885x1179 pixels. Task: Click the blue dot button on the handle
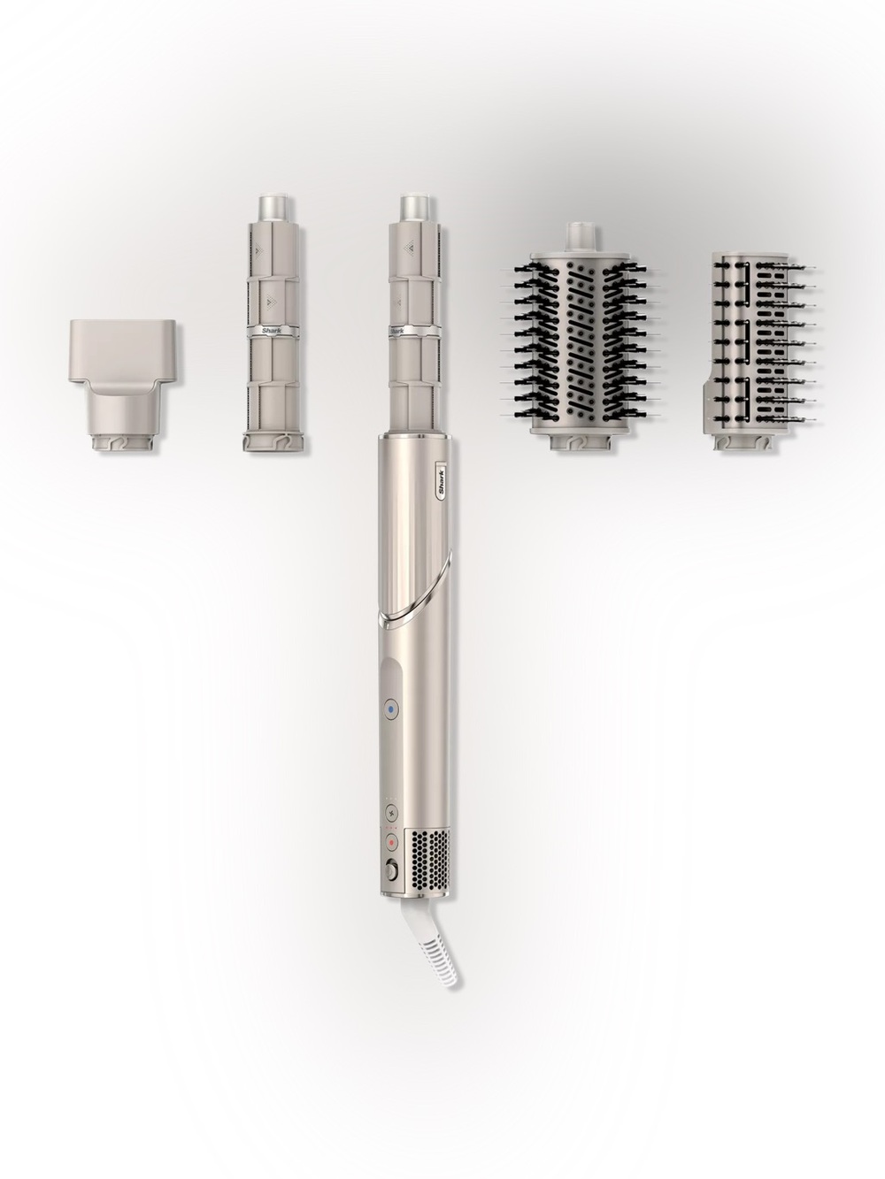coord(391,709)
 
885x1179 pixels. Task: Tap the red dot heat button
coord(392,843)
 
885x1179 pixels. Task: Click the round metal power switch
coord(392,868)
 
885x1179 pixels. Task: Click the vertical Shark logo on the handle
coord(442,482)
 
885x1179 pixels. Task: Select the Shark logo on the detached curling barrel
coord(272,332)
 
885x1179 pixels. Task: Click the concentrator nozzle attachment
coord(123,379)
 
